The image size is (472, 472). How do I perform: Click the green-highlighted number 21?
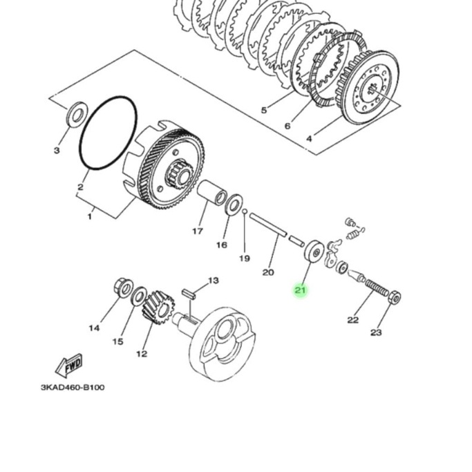tap(300, 290)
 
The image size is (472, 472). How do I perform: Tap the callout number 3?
tap(57, 151)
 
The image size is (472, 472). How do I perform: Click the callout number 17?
tap(198, 231)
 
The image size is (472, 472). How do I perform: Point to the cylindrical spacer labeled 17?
tap(212, 193)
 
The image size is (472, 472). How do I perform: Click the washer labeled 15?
tap(138, 296)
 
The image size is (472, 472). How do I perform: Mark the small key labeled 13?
tap(191, 292)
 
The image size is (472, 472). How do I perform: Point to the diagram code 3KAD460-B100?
tap(73, 388)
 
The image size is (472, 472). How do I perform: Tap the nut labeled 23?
tap(395, 298)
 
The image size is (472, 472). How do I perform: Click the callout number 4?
tap(309, 138)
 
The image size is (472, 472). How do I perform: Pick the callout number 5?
tap(263, 111)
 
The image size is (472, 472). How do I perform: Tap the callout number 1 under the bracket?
tap(89, 217)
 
